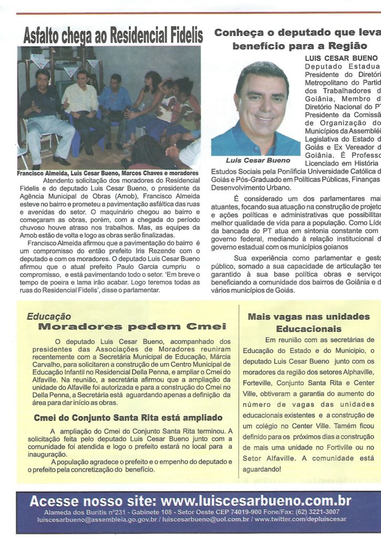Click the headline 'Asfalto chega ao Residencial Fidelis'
pos(113,36)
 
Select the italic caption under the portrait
pos(258,160)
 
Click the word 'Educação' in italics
pos(48,317)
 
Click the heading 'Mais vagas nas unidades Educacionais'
pos(308,323)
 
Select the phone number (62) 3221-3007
pos(318,511)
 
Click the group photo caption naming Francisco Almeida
pos(107,173)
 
